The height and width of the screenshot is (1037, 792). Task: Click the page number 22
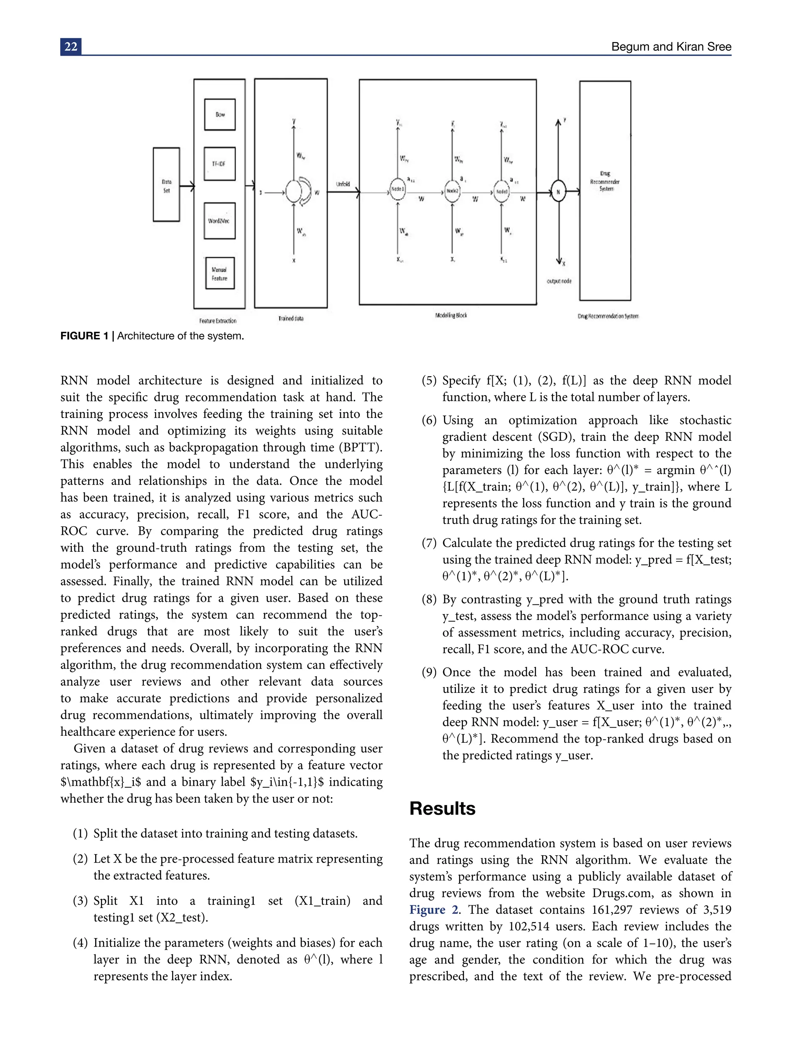pyautogui.click(x=71, y=47)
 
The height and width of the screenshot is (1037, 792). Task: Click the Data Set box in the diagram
pyautogui.click(x=166, y=185)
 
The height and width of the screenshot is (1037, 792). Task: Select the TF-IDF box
pyautogui.click(x=219, y=164)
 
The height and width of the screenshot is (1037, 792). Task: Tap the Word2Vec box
pyautogui.click(x=219, y=221)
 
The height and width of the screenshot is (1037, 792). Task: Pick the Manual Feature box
pyautogui.click(x=219, y=273)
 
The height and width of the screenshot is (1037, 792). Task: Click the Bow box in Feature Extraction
pyautogui.click(x=220, y=114)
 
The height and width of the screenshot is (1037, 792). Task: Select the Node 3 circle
pyautogui.click(x=502, y=192)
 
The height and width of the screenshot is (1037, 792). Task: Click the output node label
pyautogui.click(x=559, y=281)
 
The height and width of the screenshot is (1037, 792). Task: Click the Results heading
pyautogui.click(x=442, y=808)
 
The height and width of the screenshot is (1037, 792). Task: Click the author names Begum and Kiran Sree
pyautogui.click(x=671, y=47)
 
